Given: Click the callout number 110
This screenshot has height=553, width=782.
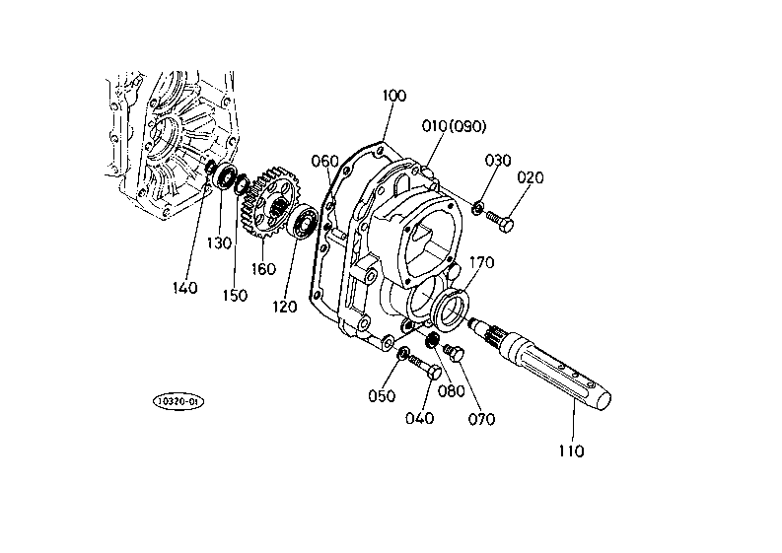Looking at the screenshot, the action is tap(571, 451).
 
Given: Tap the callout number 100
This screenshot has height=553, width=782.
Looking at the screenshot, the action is tap(394, 96).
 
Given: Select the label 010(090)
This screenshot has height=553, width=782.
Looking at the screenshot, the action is tap(454, 126).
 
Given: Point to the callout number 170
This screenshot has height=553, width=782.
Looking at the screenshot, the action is tap(482, 262).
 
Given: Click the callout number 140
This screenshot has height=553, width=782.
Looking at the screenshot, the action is tap(185, 288).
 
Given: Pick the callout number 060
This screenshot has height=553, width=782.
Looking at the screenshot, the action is tap(324, 161).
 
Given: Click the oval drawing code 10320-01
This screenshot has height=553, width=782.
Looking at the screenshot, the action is tap(178, 401).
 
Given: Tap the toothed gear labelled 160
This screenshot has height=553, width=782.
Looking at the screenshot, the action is tap(268, 202).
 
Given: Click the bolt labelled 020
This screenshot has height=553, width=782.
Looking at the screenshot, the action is tap(499, 222).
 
